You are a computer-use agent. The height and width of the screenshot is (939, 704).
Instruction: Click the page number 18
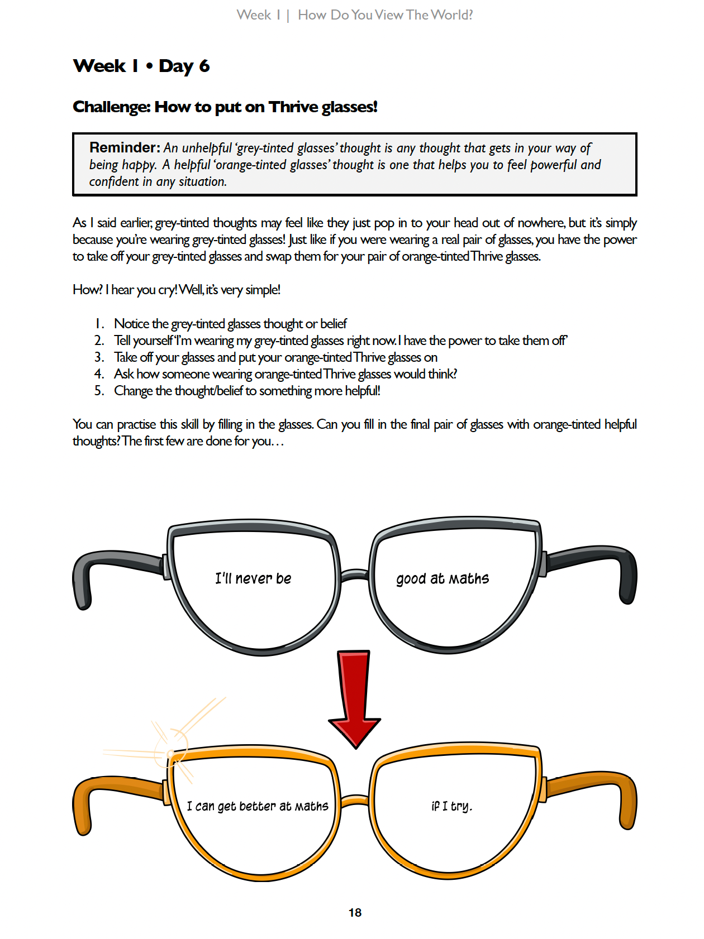click(x=355, y=912)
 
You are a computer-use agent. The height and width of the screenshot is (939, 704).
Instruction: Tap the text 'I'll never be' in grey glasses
click(x=253, y=578)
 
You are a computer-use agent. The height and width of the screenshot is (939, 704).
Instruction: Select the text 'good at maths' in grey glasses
click(x=443, y=578)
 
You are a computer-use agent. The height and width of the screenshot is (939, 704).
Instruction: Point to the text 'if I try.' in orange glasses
click(x=451, y=806)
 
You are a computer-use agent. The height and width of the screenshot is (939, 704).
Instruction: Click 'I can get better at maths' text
click(x=257, y=806)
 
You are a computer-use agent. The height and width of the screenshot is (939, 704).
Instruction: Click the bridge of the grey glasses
click(x=354, y=574)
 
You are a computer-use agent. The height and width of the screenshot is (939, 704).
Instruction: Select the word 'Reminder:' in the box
click(x=125, y=147)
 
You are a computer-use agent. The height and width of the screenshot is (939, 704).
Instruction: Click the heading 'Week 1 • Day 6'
click(x=141, y=66)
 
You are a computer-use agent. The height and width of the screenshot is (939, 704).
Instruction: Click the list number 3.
click(x=99, y=357)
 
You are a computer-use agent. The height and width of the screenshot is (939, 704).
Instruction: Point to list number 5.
click(x=99, y=390)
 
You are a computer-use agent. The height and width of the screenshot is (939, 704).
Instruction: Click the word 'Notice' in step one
click(x=132, y=324)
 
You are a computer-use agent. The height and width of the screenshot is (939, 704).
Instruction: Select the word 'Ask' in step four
click(x=124, y=373)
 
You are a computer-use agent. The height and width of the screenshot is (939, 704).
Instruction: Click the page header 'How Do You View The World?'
click(x=385, y=15)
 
